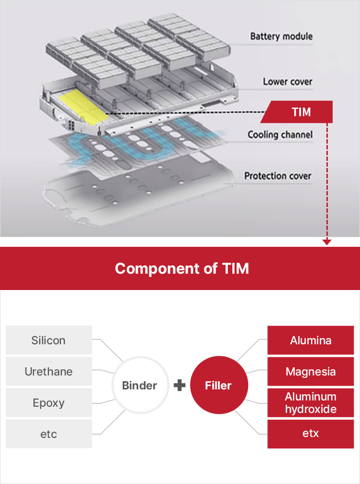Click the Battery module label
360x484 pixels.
click(281, 36)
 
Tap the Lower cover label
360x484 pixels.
click(288, 82)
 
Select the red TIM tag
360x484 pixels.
click(301, 112)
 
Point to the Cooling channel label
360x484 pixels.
click(280, 135)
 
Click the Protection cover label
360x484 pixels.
click(277, 176)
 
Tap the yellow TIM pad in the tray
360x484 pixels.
click(83, 107)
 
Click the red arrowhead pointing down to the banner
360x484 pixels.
click(327, 242)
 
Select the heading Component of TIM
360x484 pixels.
click(182, 268)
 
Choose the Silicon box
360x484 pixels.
click(48, 340)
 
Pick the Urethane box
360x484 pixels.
click(48, 372)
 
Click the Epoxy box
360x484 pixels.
click(48, 403)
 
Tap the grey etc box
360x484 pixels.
click(48, 434)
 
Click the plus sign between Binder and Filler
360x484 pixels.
click(180, 385)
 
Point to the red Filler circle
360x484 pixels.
click(218, 385)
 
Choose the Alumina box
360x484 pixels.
click(311, 340)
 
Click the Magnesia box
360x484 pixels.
click(311, 372)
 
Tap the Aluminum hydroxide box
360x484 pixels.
click(311, 403)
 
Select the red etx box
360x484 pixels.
click(311, 434)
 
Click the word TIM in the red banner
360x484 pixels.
click(236, 268)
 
